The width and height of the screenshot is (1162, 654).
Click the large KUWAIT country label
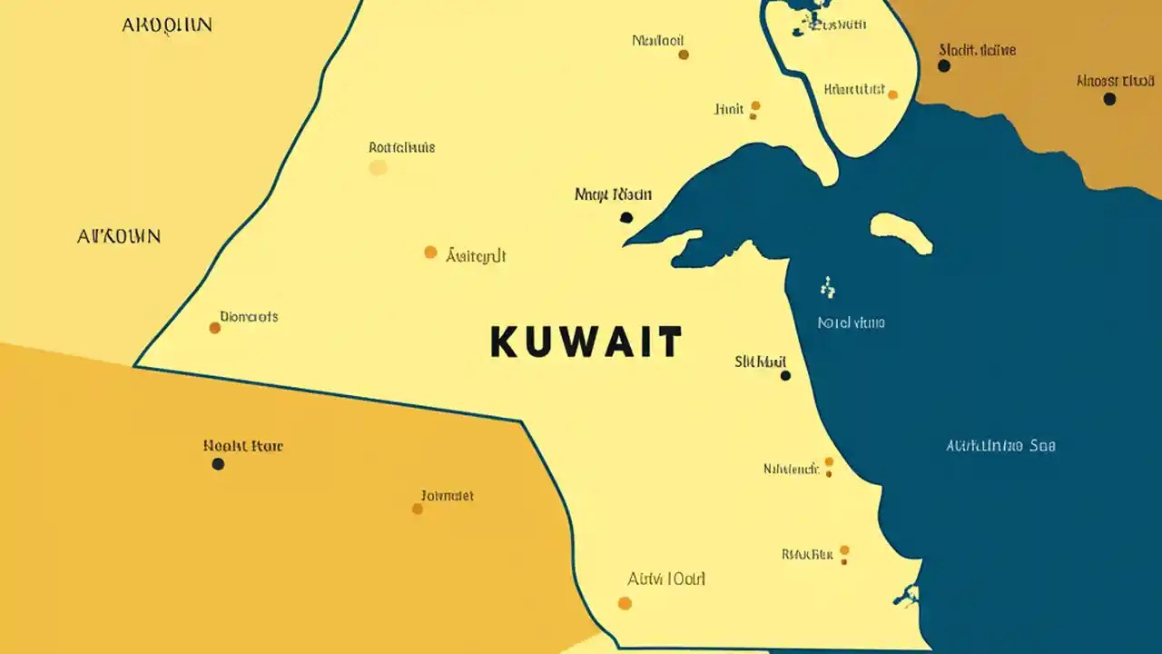586,342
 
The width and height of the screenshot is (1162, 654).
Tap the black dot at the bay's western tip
625,217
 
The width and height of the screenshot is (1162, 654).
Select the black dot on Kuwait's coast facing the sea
785,375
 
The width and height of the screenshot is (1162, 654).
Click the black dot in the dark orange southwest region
218,464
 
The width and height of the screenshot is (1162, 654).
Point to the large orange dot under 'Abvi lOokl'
625,603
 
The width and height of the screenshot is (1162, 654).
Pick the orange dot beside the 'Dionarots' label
215,328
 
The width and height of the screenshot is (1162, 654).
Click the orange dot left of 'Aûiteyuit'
430,253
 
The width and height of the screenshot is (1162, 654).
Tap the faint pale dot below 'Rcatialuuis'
379,167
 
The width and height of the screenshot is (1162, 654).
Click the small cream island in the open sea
900,233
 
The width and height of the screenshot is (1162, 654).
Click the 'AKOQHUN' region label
167,25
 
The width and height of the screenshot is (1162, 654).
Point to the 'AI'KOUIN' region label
119,237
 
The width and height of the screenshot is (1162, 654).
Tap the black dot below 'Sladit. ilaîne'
944,66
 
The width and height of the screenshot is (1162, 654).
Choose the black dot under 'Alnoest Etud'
1109,99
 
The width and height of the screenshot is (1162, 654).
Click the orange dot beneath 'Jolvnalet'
418,509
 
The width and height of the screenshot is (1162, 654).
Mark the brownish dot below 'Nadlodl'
684,54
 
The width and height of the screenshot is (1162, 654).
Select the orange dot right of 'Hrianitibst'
892,94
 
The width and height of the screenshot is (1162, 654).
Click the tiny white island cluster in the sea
827,289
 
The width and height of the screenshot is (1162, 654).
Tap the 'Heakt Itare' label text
243,446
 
